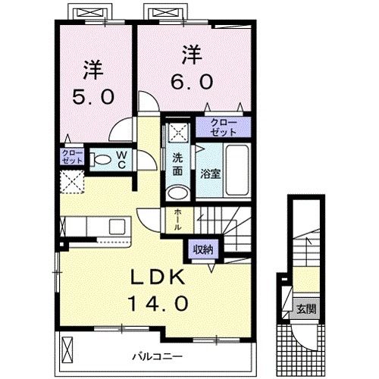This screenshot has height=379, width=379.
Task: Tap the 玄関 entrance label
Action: point(305,309)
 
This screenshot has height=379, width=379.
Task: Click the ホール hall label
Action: point(177,220)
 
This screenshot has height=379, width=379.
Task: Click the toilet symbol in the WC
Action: point(100,159)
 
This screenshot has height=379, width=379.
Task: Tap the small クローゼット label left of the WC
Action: point(72,157)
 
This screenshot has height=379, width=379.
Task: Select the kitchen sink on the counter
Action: point(117,226)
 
